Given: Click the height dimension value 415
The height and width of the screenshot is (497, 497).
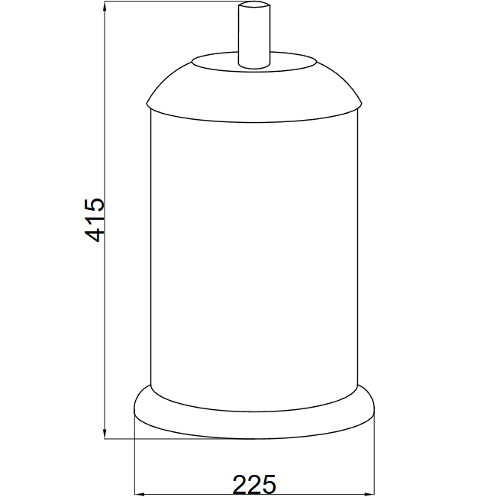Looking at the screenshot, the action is pyautogui.click(x=95, y=221).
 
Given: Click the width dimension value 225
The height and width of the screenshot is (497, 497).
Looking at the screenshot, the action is pyautogui.click(x=254, y=484).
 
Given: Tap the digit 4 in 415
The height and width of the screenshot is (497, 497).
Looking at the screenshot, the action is pyautogui.click(x=95, y=235).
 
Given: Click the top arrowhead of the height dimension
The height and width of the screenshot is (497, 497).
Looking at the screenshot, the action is pyautogui.click(x=105, y=6).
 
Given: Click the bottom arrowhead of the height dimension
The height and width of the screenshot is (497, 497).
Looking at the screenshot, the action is pyautogui.click(x=105, y=434).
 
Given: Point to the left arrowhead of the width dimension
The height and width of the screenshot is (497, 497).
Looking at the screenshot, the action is pyautogui.click(x=140, y=494).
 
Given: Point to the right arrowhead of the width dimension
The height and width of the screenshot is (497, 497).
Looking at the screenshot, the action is pyautogui.click(x=370, y=494).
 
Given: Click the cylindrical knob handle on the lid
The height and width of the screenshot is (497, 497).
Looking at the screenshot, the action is pyautogui.click(x=254, y=35).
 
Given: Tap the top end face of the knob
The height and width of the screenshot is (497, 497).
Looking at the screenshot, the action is pyautogui.click(x=254, y=5).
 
